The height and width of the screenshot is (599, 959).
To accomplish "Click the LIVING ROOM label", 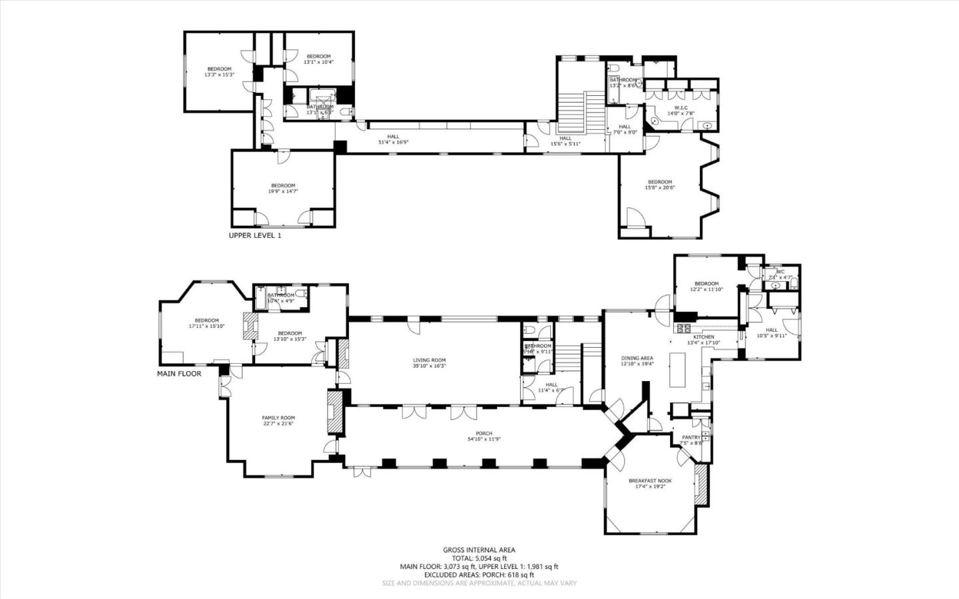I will (x=429, y=360).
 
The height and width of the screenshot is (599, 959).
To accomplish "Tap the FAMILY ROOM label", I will (x=278, y=418).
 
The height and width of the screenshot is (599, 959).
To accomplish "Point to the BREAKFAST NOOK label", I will (x=650, y=480).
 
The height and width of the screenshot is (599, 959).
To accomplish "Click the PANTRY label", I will (x=691, y=437).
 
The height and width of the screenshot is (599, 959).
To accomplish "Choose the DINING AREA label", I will (x=637, y=358).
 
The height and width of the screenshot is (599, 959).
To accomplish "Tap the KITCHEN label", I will (x=703, y=337).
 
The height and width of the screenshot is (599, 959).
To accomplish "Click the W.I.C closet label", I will (x=681, y=107).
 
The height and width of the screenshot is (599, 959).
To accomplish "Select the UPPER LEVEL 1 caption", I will (x=255, y=235).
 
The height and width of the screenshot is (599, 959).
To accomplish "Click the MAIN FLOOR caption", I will (x=179, y=374).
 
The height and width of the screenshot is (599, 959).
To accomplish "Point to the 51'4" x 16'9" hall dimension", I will (x=393, y=142).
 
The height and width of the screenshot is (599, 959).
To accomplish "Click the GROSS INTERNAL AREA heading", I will (x=479, y=550).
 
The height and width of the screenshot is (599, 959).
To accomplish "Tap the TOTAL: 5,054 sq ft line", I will (x=479, y=558).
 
